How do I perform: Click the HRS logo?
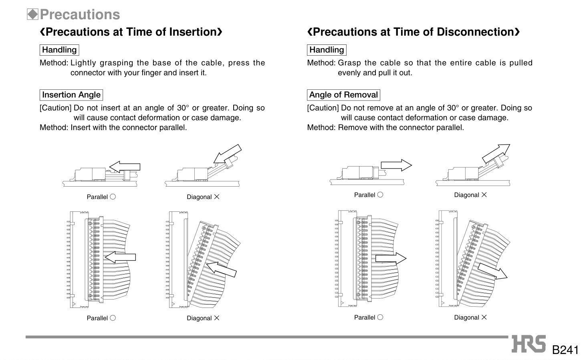[x=529, y=344]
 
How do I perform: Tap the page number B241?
[x=565, y=350]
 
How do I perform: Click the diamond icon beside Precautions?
[x=32, y=14]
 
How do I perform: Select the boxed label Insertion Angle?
[x=71, y=95]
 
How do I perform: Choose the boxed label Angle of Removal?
[x=343, y=95]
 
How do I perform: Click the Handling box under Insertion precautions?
[x=59, y=50]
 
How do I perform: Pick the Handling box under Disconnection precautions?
[x=327, y=50]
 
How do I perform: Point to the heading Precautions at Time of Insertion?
[x=131, y=32]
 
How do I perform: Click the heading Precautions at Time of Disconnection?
[x=414, y=32]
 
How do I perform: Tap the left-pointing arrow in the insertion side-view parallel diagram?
[x=125, y=167]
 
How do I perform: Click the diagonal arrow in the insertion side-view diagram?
[x=228, y=154]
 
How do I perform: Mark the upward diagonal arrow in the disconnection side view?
[x=496, y=153]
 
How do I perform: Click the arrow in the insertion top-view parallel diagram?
[x=120, y=257]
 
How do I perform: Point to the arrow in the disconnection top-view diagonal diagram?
[x=492, y=271]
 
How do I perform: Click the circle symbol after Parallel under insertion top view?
[x=113, y=318]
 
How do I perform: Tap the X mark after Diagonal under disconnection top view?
[x=484, y=317]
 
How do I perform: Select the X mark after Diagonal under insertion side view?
[x=217, y=197]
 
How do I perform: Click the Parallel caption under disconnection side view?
[x=364, y=195]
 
